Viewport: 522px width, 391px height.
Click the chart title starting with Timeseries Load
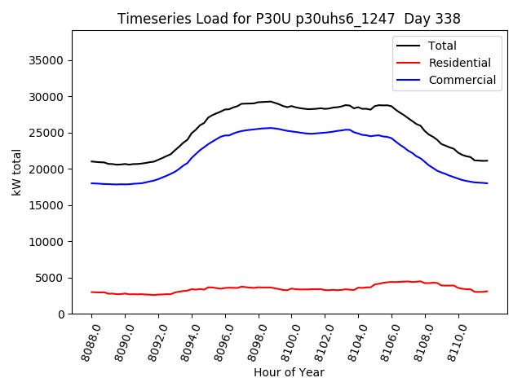pyautogui.click(x=289, y=19)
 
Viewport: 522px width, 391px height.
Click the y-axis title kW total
pyautogui.click(x=16, y=173)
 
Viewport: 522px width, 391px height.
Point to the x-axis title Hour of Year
pyautogui.click(x=289, y=372)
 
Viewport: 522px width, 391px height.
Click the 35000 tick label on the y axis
pyautogui.click(x=48, y=60)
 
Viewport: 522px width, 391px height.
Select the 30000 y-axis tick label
pyautogui.click(x=48, y=97)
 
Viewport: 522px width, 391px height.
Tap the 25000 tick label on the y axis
pyautogui.click(x=48, y=133)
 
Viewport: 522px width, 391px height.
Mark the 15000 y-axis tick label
pyautogui.click(x=48, y=205)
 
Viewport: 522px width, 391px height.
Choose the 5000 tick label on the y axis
pyautogui.click(x=51, y=278)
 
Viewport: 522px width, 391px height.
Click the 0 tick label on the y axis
pyautogui.click(x=61, y=314)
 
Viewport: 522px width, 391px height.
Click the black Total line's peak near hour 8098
pyautogui.click(x=270, y=101)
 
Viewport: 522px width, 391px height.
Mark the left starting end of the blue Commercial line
pyautogui.click(x=91, y=183)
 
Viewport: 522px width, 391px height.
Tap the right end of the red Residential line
pyautogui.click(x=487, y=291)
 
